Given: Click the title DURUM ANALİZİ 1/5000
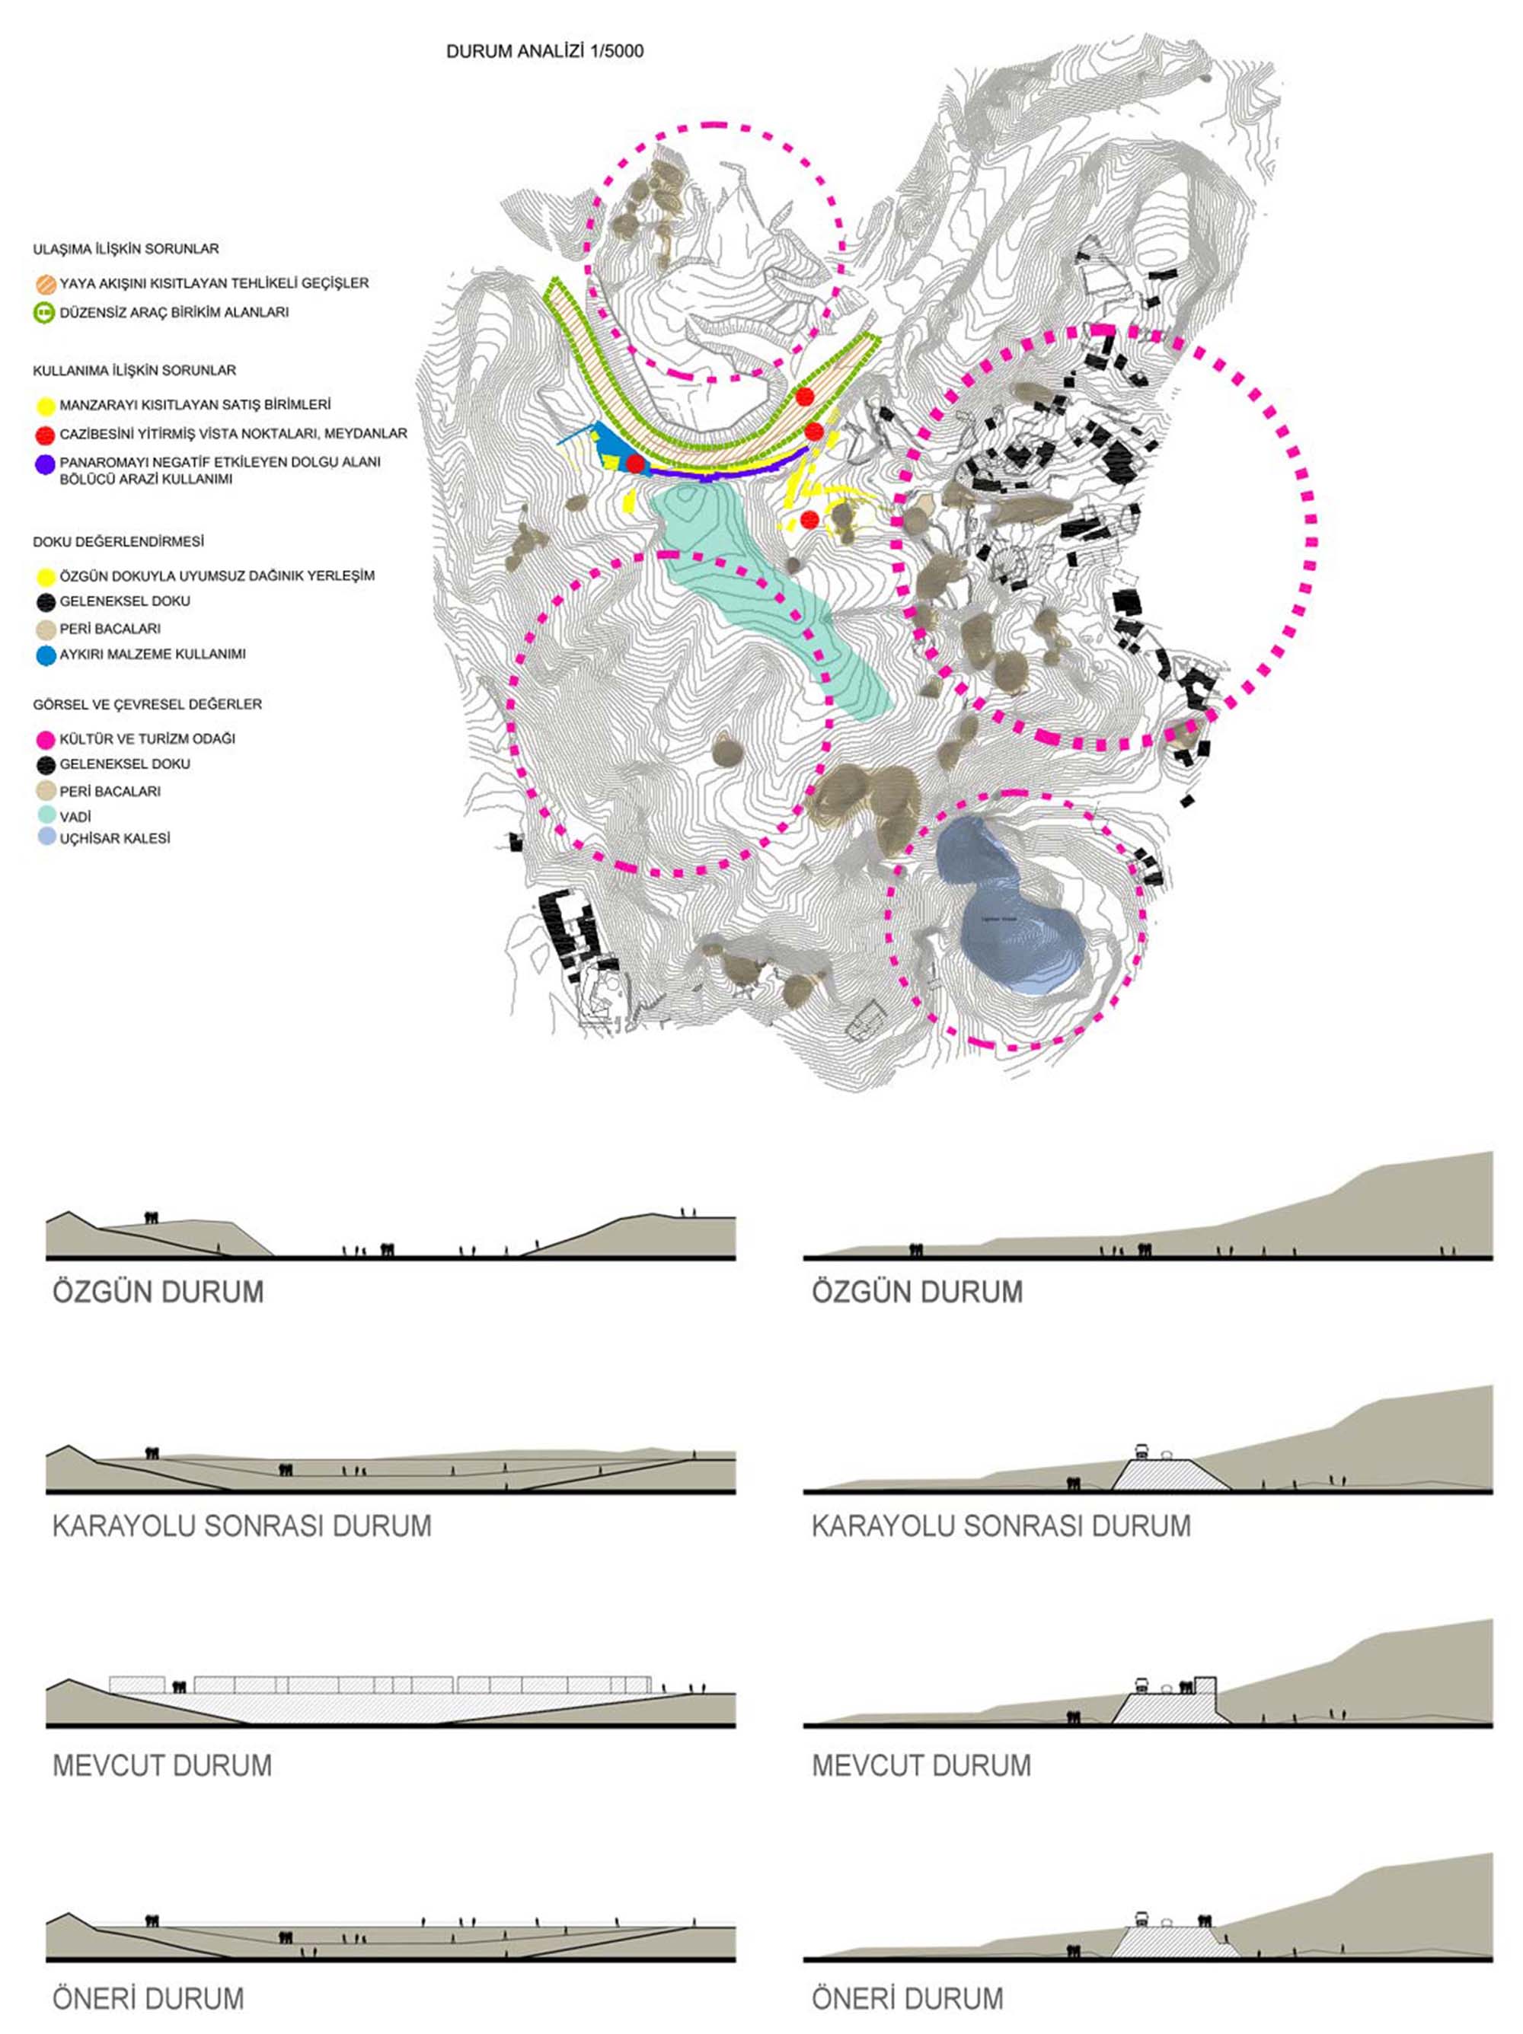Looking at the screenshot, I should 544,52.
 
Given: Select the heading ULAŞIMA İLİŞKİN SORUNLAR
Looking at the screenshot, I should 126,249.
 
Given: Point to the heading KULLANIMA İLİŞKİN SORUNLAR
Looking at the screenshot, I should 134,371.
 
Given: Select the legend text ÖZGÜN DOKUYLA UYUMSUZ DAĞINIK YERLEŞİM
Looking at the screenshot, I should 217,575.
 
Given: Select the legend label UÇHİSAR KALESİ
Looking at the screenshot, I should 115,839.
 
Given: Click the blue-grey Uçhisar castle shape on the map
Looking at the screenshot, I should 1012,929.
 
